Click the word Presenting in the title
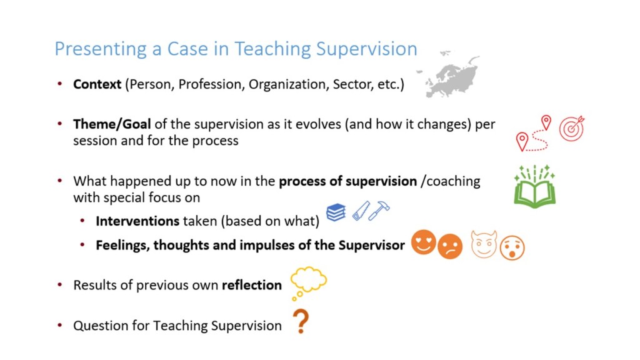point(101,49)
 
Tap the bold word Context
point(97,84)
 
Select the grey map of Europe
point(449,75)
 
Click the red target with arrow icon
point(572,128)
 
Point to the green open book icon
point(535,186)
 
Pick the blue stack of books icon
point(336,212)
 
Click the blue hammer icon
point(379,211)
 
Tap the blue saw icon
point(361,211)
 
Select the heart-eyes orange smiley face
point(424,242)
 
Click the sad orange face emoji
point(450,246)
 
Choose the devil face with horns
point(484,244)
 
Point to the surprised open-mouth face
point(512,247)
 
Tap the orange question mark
point(301,321)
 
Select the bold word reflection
point(252,285)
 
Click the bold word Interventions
point(137,221)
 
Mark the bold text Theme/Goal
point(112,124)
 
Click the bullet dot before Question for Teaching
point(60,325)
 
